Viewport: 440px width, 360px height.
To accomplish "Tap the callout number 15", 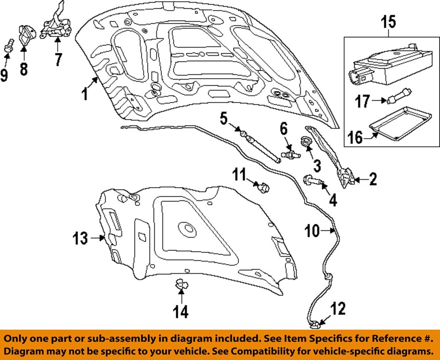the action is [x=389, y=22].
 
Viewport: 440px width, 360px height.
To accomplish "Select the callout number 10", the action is [x=312, y=231].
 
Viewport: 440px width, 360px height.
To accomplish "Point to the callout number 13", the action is [x=80, y=238].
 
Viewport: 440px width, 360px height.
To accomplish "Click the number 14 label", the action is [x=180, y=312].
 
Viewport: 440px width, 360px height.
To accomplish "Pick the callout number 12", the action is [x=338, y=309].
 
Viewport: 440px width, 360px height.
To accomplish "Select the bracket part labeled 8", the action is [x=27, y=34].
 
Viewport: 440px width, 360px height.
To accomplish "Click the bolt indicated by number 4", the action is [x=313, y=180].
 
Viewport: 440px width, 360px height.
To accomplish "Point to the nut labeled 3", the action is [x=306, y=141].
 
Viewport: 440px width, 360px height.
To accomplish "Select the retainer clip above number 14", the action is [x=181, y=284].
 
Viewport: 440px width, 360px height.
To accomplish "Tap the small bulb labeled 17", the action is [x=400, y=96].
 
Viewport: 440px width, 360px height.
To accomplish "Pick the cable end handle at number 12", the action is [x=315, y=325].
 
